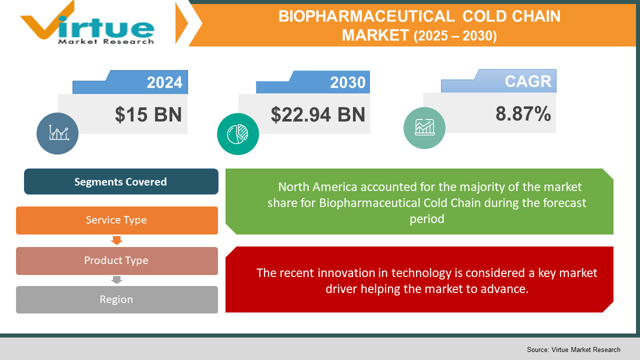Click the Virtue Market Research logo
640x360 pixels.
click(87, 24)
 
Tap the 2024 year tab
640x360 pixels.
click(164, 82)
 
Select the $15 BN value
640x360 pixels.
click(148, 114)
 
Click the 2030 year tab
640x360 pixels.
click(347, 82)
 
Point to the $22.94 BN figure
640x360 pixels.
click(318, 114)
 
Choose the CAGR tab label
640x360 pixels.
click(527, 81)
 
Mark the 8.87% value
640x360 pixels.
click(523, 114)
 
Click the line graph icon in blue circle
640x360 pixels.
click(57, 133)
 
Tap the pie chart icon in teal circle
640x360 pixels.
click(238, 133)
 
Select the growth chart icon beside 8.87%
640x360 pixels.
click(424, 128)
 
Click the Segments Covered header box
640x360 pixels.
click(121, 181)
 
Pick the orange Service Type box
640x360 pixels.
click(116, 220)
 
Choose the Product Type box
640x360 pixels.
click(116, 260)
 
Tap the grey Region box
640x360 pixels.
click(116, 299)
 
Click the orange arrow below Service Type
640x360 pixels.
click(116, 240)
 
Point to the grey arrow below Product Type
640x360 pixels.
click(116, 280)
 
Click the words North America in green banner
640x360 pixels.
click(317, 187)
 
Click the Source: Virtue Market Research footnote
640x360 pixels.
click(573, 349)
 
